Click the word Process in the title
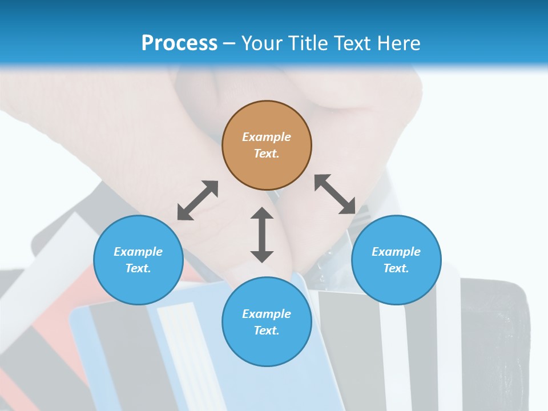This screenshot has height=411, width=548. click(179, 43)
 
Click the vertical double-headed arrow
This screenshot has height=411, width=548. click(262, 235)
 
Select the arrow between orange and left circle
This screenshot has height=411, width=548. click(198, 200)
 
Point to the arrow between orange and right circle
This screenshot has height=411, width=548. click(335, 194)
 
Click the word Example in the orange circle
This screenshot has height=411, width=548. click(267, 137)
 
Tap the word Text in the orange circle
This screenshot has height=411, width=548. click(266, 154)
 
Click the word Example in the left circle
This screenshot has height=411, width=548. click(138, 252)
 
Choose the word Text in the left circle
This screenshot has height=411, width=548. click(138, 268)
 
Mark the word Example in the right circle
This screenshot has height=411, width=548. click(396, 252)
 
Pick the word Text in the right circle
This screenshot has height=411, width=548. click(396, 268)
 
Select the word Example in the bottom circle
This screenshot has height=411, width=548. click(267, 314)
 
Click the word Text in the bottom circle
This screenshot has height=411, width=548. click(266, 331)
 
